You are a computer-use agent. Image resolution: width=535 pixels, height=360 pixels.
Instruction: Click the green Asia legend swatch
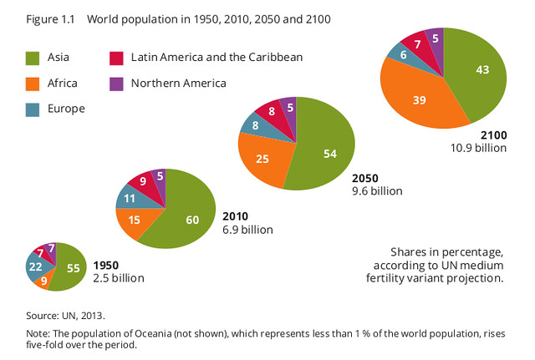tap(33, 58)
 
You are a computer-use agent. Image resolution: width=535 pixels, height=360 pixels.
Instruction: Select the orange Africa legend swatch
tap(33, 83)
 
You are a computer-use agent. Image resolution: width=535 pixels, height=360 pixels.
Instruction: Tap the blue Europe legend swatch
tap(33, 108)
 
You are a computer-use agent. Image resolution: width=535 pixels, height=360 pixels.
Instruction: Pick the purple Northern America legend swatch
tap(117, 83)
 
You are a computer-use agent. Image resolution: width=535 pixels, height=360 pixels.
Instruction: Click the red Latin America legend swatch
tap(117, 58)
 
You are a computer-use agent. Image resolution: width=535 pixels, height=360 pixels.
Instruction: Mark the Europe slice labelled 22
tap(35, 266)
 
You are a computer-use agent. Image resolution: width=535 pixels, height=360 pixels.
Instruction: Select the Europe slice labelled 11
tap(130, 200)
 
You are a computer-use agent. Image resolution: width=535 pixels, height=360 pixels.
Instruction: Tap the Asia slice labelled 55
tap(70, 267)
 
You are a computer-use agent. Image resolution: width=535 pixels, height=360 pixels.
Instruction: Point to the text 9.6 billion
tap(376, 190)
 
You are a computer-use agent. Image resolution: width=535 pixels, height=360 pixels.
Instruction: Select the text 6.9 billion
tap(247, 229)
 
